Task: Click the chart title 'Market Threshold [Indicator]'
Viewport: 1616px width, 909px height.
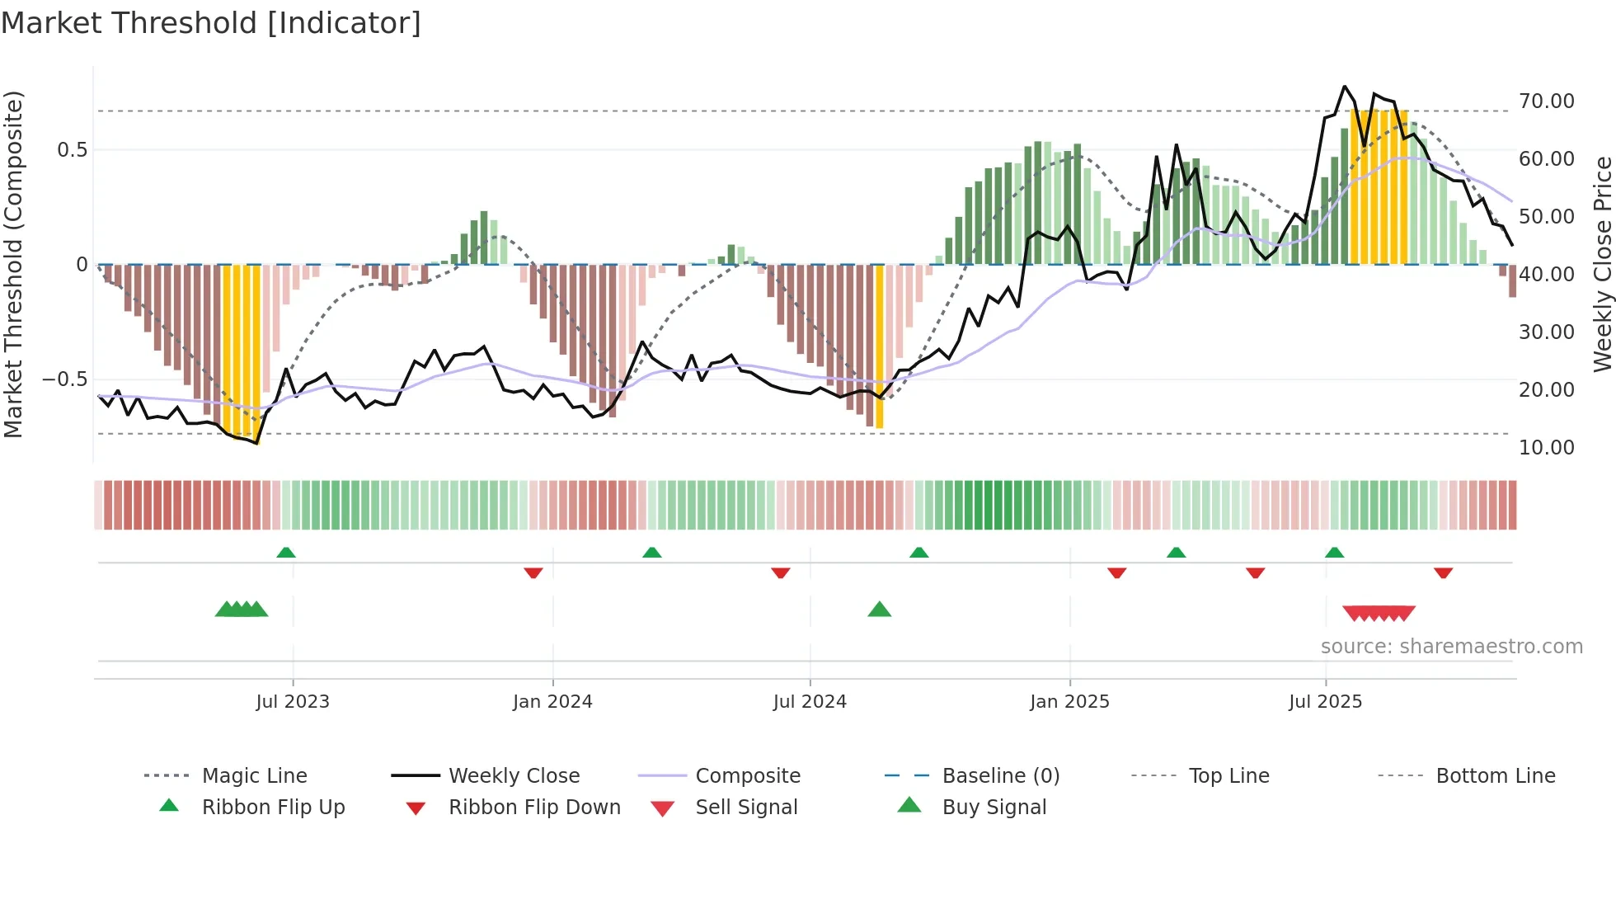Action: pyautogui.click(x=211, y=23)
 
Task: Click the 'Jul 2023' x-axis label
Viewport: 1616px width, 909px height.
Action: pyautogui.click(x=293, y=702)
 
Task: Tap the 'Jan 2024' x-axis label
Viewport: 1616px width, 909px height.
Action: pyautogui.click(x=552, y=702)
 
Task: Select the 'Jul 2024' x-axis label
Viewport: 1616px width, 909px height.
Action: pyautogui.click(x=810, y=702)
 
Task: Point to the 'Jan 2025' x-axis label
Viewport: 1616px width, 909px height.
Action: pyautogui.click(x=1069, y=702)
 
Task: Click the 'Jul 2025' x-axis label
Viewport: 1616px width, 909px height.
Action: pyautogui.click(x=1326, y=702)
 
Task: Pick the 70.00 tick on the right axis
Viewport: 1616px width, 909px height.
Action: pyautogui.click(x=1547, y=101)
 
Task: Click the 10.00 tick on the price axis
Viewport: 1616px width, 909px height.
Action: pyautogui.click(x=1547, y=448)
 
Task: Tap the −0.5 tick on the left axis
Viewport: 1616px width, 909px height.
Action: pyautogui.click(x=64, y=379)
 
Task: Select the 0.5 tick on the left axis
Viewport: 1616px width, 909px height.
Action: pyautogui.click(x=72, y=150)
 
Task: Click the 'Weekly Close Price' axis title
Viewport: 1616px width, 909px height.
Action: pyautogui.click(x=1602, y=264)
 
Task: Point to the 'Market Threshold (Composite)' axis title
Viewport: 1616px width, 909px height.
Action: pyautogui.click(x=13, y=264)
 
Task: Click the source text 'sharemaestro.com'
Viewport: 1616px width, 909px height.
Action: pyautogui.click(x=1491, y=647)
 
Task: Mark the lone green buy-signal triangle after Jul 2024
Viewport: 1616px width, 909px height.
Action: pyautogui.click(x=880, y=610)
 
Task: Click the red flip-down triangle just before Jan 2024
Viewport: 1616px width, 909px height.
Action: pyautogui.click(x=533, y=572)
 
